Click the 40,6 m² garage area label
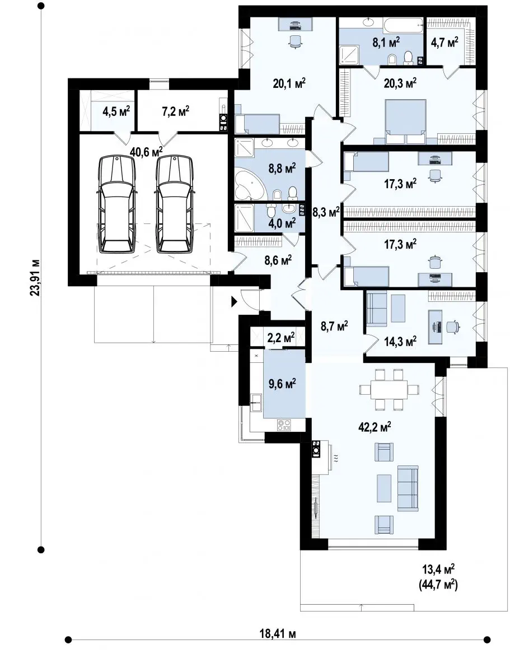tap(146, 151)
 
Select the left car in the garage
tap(116, 204)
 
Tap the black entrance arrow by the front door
tap(234, 301)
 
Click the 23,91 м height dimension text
tap(35, 277)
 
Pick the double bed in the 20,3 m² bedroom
tap(406, 122)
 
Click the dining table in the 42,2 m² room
tap(389, 389)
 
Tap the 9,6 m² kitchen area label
tap(282, 384)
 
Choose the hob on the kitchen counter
tap(284, 425)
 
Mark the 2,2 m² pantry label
tap(281, 338)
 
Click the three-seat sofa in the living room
tap(408, 488)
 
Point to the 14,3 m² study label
tap(400, 340)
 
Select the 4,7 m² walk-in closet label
tap(445, 43)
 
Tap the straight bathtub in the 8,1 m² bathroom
tap(403, 25)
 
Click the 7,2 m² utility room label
tap(175, 111)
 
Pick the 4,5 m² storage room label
tap(116, 111)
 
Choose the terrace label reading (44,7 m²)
tap(438, 585)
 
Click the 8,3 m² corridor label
tap(326, 212)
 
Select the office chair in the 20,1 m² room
tap(296, 41)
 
